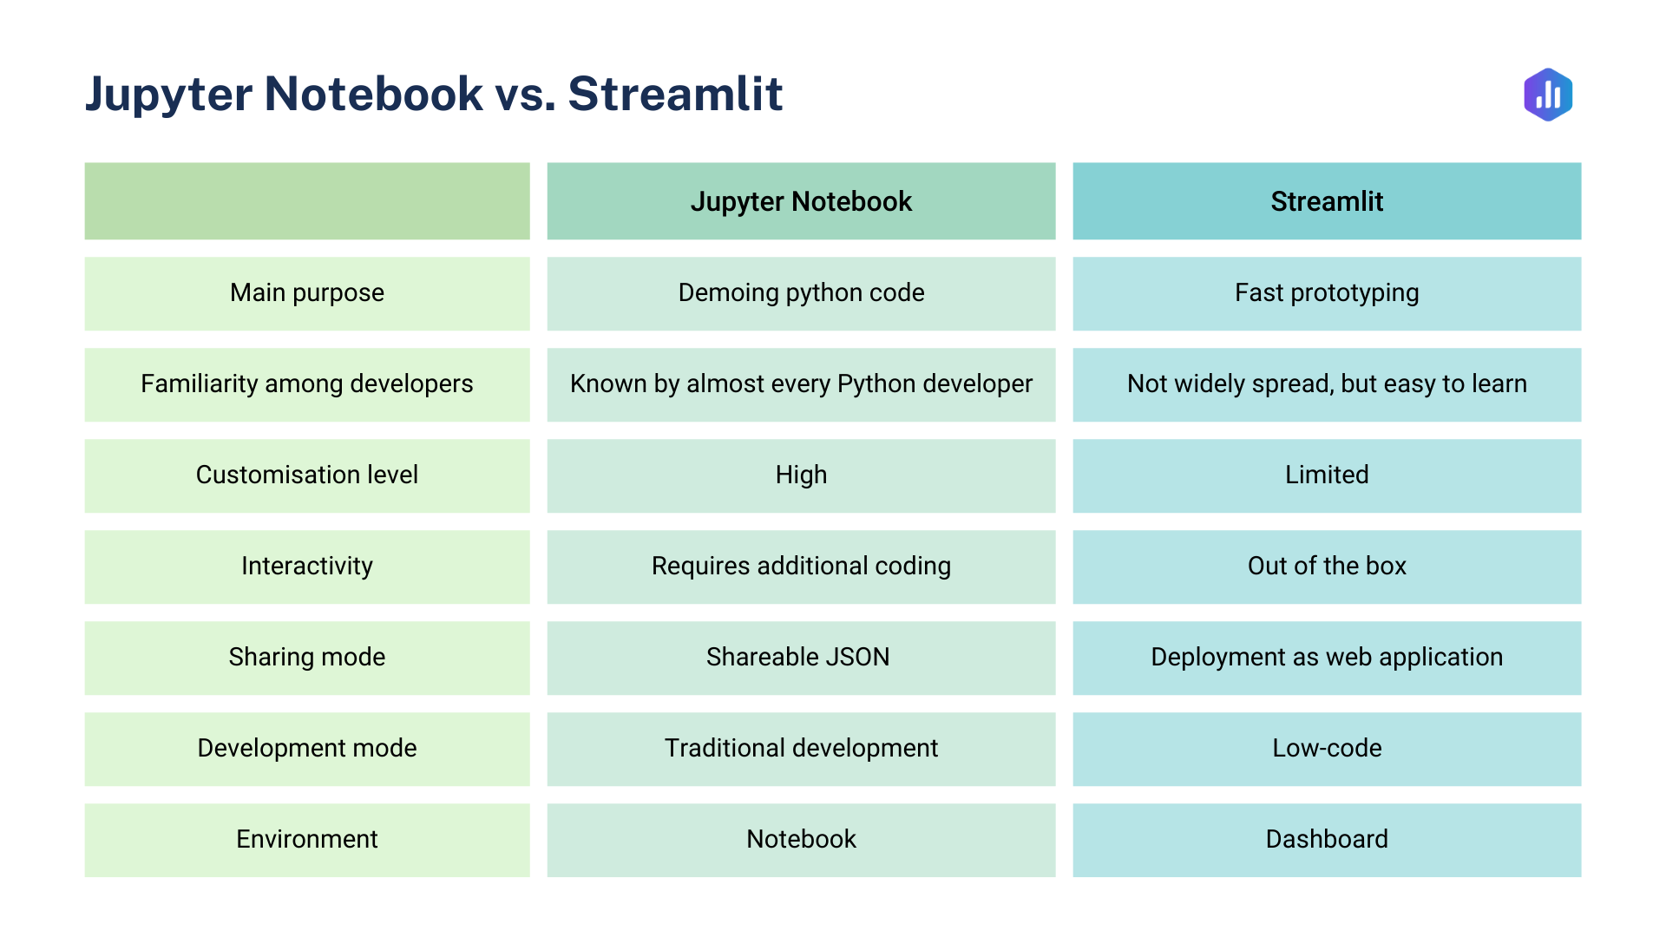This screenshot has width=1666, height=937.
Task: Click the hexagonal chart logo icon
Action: coord(1548,95)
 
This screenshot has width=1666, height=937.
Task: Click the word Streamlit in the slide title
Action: coord(675,94)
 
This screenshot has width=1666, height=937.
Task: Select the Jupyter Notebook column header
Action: coord(801,201)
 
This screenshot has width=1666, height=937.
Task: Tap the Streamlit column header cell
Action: coord(1327,201)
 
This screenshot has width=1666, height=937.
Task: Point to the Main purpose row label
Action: coord(307,293)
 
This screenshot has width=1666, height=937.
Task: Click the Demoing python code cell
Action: coord(801,293)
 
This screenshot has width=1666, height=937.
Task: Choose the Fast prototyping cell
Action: coord(1327,293)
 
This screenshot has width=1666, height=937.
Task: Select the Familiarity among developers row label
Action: coord(307,384)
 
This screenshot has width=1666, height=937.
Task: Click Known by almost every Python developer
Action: coord(801,384)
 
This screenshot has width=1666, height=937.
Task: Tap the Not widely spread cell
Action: coord(1327,384)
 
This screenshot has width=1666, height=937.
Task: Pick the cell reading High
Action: coord(801,475)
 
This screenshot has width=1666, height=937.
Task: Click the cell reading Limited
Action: coord(1327,475)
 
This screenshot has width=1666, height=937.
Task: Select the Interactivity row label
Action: coord(307,567)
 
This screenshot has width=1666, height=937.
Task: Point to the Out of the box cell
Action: coord(1327,567)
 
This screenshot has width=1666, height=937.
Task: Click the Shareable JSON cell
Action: coord(798,658)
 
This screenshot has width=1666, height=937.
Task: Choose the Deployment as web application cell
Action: coord(1327,658)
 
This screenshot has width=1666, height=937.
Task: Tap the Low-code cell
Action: coord(1327,749)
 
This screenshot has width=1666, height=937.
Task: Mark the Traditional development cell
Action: coord(801,749)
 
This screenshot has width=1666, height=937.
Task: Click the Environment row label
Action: coord(307,840)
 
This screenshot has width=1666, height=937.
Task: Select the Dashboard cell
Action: coord(1327,840)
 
